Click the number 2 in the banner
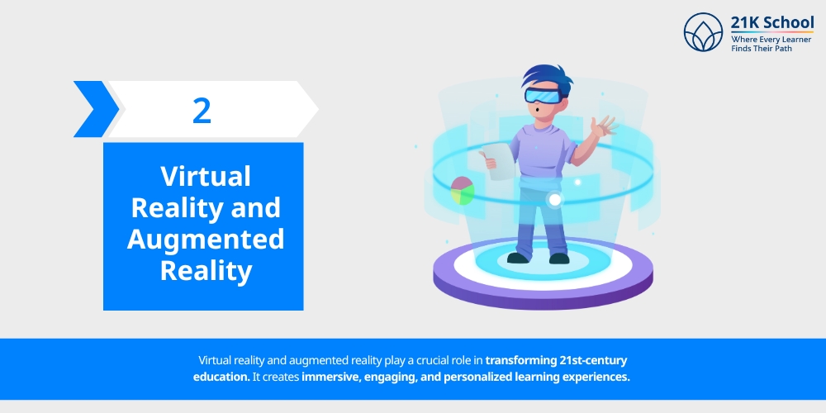202,110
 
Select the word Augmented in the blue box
205,239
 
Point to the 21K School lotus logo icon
703,32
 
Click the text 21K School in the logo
771,22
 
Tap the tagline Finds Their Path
761,49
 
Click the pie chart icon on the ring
463,192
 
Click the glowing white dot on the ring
555,199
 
